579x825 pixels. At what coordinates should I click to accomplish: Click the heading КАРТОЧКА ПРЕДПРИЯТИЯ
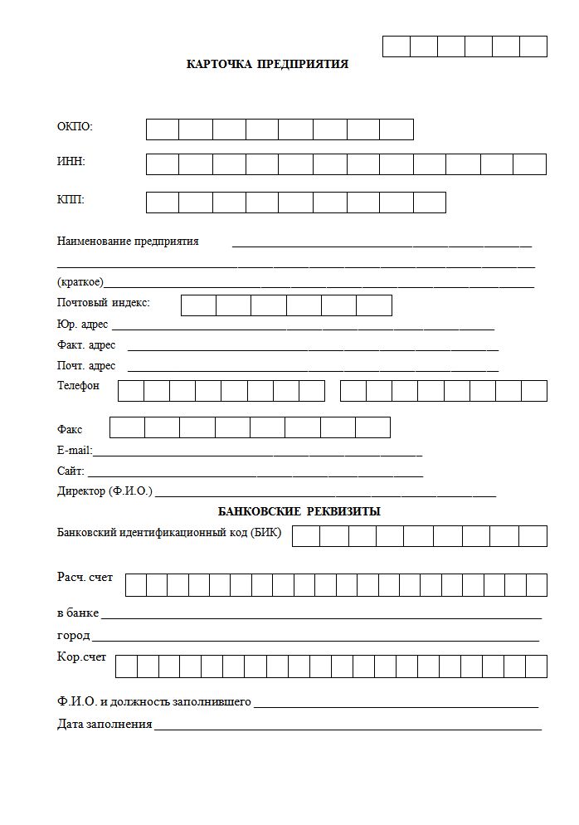[267, 65]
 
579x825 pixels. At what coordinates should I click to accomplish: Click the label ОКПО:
[75, 127]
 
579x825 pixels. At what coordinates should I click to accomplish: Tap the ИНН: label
[71, 162]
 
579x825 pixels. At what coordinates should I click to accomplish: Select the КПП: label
[71, 200]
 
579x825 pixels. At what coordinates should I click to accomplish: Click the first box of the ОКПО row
[163, 129]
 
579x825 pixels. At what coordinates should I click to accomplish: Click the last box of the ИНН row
[529, 164]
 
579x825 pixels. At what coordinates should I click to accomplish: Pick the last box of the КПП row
[429, 203]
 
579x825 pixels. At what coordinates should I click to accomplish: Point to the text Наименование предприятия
[128, 242]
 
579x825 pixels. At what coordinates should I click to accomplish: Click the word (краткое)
[80, 282]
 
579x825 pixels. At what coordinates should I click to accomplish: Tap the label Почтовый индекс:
[104, 303]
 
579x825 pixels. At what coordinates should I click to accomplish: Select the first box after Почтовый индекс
[198, 305]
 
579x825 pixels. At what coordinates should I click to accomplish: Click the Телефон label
[78, 386]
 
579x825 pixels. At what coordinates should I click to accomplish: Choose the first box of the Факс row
[127, 427]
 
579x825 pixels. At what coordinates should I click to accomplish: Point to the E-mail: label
[75, 451]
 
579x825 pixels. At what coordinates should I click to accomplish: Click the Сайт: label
[71, 471]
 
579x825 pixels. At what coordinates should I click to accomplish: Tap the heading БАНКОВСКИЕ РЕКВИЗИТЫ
[299, 512]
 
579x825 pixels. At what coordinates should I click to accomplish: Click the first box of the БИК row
[306, 536]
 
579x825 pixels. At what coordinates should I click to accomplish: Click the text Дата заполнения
[105, 724]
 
